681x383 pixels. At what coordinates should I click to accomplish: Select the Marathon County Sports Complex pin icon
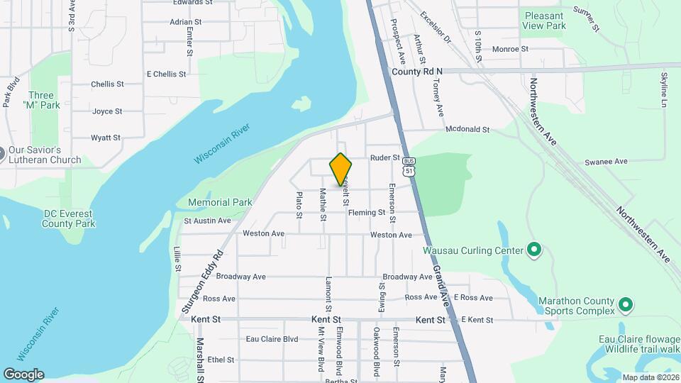tap(625, 305)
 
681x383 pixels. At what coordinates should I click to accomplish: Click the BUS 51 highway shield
tap(407, 167)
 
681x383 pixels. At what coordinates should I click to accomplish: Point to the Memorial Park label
tap(220, 202)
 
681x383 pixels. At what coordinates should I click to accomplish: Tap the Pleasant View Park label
tap(545, 21)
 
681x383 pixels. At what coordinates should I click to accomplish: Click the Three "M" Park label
tap(41, 101)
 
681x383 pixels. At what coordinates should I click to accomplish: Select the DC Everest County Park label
tap(69, 218)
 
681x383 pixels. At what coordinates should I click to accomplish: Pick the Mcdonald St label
tap(467, 130)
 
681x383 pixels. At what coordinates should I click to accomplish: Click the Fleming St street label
tap(367, 212)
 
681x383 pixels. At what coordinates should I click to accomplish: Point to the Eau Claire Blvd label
tap(272, 339)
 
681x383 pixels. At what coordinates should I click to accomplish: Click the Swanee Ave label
tap(606, 162)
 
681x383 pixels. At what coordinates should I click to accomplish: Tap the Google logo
tap(23, 374)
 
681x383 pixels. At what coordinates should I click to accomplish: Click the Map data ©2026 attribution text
tap(650, 377)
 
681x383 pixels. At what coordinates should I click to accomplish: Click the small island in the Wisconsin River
tap(301, 104)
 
